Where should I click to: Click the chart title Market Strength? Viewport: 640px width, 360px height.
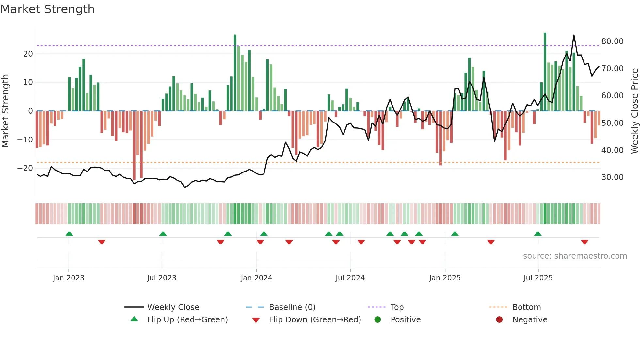(47, 9)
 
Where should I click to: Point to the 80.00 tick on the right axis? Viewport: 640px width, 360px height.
(612, 41)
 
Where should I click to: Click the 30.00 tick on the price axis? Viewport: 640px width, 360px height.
(612, 177)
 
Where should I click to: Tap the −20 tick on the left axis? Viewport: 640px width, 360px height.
(25, 168)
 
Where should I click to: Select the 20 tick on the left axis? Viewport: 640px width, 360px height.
(28, 54)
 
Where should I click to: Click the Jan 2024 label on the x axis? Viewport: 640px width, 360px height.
(256, 278)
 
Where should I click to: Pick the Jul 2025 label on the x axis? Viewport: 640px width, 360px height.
(538, 278)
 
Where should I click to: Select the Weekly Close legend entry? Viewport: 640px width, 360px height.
(173, 307)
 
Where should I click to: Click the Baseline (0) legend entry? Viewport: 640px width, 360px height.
(292, 307)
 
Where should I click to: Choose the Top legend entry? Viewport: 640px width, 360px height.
(397, 307)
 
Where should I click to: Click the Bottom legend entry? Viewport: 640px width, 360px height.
(526, 307)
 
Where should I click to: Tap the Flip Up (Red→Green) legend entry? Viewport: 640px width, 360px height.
(187, 320)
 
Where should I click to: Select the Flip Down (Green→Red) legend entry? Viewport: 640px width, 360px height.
(315, 320)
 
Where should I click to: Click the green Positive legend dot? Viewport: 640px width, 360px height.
(378, 320)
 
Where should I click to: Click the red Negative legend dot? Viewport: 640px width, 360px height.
(499, 320)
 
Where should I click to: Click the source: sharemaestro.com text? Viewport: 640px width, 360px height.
(575, 256)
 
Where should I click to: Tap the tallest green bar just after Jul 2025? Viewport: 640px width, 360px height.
(545, 72)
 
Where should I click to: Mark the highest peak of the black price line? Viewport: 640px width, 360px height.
(574, 35)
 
